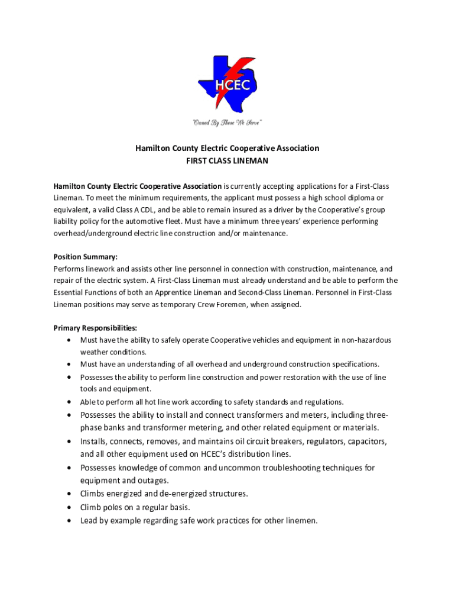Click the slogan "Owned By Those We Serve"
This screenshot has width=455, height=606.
click(227, 123)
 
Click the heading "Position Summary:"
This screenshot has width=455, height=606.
click(86, 257)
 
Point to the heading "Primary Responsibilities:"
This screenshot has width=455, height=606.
click(95, 328)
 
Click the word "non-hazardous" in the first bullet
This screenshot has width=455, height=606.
click(366, 340)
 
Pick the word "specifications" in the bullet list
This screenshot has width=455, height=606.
click(351, 364)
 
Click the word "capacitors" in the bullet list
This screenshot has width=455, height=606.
click(368, 441)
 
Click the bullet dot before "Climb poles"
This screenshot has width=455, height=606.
click(70, 508)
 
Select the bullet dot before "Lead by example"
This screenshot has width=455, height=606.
click(70, 521)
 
